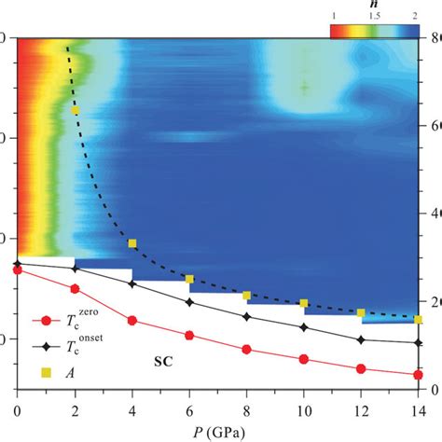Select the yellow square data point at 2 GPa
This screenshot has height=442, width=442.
pyautogui.click(x=75, y=110)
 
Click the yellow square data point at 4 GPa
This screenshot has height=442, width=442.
pyautogui.click(x=132, y=243)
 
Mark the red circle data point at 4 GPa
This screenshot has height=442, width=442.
pyautogui.click(x=132, y=320)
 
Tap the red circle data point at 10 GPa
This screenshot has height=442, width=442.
pyautogui.click(x=304, y=358)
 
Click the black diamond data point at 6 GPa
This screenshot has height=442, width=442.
pyautogui.click(x=189, y=301)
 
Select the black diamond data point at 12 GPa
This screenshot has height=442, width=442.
pyautogui.click(x=362, y=339)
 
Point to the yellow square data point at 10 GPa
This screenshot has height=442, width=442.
pyautogui.click(x=304, y=303)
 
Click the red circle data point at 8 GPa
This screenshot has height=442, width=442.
pyautogui.click(x=247, y=350)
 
